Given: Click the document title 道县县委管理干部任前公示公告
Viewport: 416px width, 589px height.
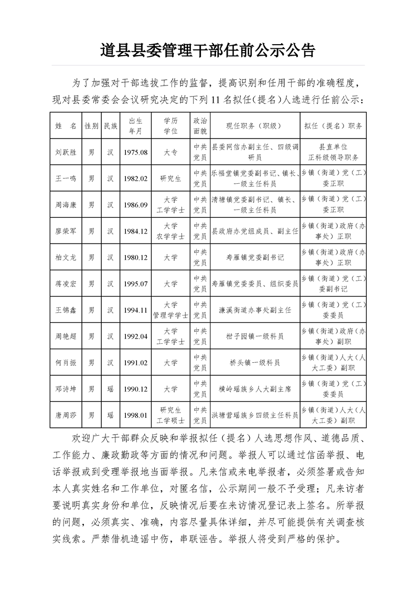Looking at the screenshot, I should [x=208, y=50].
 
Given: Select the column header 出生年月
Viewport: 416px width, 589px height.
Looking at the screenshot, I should [x=136, y=125].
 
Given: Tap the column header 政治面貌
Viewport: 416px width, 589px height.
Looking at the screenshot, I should [x=200, y=125].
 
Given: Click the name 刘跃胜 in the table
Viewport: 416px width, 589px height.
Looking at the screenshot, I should [x=66, y=152].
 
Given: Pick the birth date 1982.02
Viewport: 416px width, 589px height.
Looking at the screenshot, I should [x=136, y=178].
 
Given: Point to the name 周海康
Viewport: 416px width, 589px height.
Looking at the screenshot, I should [x=66, y=205].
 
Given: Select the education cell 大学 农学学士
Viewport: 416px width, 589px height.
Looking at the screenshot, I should [x=170, y=231].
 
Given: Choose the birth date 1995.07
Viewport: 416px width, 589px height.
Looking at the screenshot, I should [x=136, y=283].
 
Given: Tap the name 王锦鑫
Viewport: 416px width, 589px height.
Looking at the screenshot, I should [x=66, y=310].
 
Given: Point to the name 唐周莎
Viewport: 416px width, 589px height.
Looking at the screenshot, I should [x=66, y=415].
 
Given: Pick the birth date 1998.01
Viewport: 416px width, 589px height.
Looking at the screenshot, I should [x=136, y=415].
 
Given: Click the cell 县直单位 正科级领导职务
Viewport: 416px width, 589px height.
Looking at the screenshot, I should [x=333, y=152].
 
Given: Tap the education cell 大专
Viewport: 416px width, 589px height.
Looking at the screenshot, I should [x=170, y=152].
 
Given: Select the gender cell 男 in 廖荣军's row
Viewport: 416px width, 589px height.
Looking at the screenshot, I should [x=91, y=231].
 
